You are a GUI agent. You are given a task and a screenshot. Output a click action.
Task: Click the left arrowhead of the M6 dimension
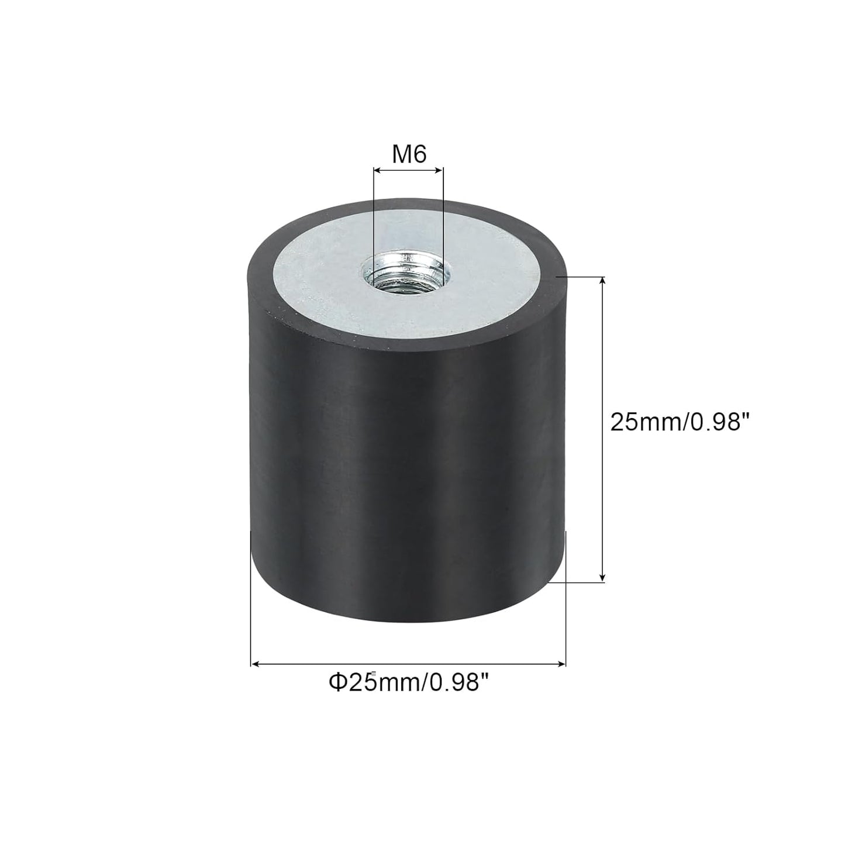(377, 170)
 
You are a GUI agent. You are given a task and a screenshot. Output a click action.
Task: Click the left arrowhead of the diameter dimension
(256, 664)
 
